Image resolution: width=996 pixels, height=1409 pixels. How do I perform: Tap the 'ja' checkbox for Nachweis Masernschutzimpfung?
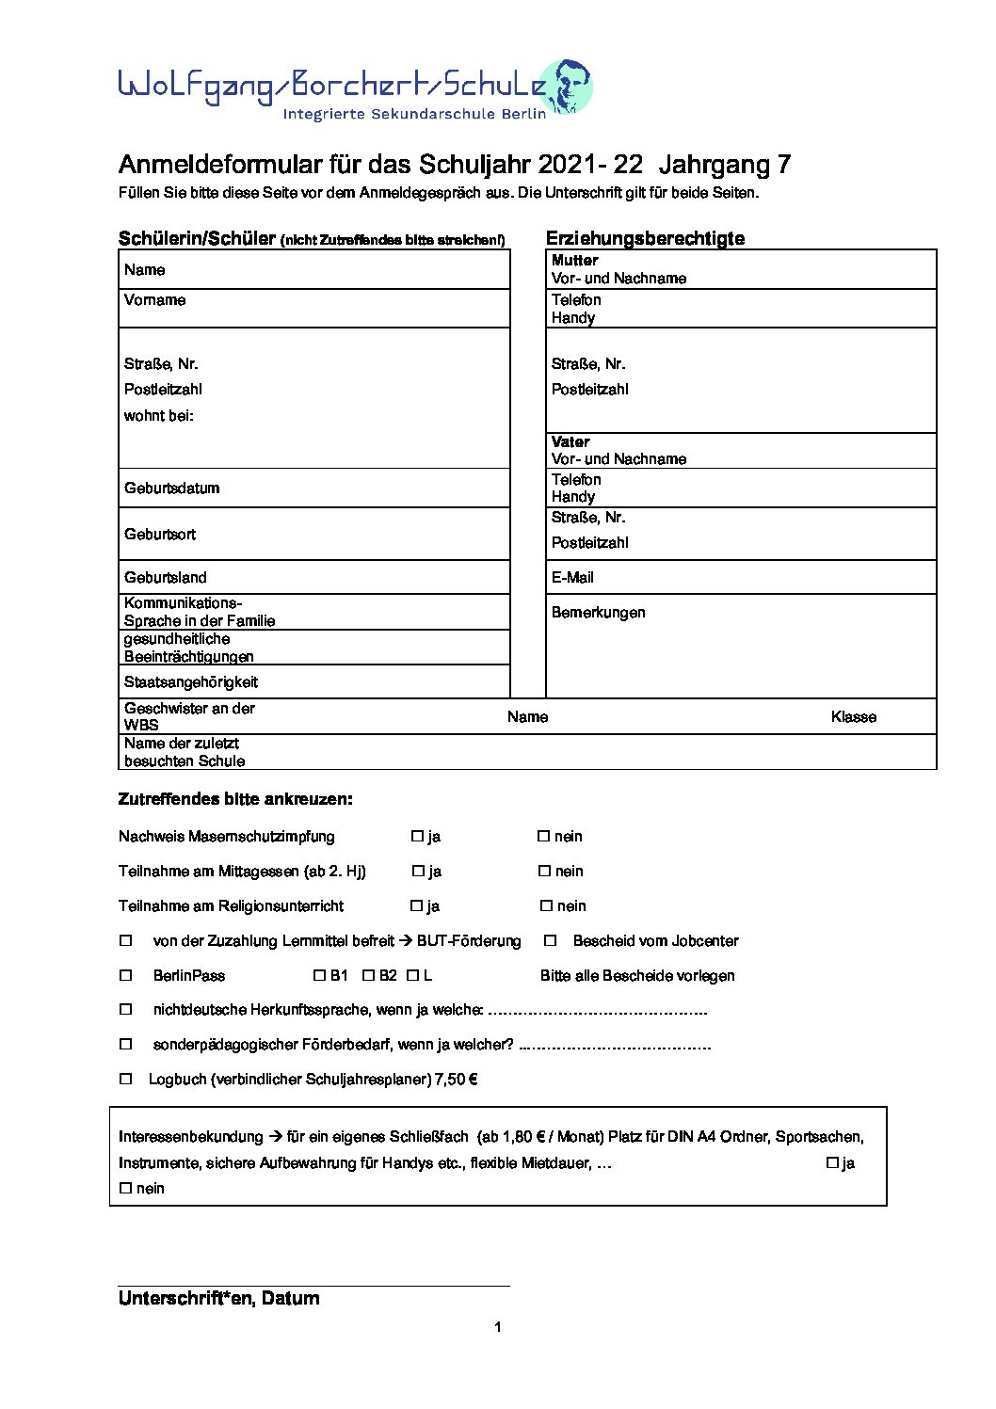point(417,836)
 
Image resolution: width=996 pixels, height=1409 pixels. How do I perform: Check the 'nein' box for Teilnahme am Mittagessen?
point(544,871)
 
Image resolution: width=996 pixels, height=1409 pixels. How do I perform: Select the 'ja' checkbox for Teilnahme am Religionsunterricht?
point(416,905)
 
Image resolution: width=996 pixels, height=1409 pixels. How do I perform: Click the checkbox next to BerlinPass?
point(125,975)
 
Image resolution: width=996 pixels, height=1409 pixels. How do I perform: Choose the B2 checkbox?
point(368,975)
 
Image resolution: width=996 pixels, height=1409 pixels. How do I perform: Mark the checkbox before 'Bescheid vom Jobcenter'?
point(551,940)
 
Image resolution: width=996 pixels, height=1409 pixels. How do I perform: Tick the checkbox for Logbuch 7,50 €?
point(125,1079)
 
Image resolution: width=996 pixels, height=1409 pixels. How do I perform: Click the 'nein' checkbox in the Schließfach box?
point(125,1188)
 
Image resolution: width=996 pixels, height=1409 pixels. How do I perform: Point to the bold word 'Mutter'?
point(574,260)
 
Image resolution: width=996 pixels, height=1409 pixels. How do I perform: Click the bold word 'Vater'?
point(570,441)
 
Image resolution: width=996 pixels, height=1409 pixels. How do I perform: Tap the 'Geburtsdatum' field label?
point(171,488)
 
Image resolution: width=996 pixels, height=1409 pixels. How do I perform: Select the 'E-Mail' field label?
point(572,577)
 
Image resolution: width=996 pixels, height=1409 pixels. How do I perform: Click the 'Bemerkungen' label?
point(598,612)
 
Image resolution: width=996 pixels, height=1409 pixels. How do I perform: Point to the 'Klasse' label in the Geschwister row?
point(853,716)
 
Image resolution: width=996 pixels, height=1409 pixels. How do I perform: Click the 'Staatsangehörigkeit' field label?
point(190,681)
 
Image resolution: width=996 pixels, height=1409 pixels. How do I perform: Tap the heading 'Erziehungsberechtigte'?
point(645,238)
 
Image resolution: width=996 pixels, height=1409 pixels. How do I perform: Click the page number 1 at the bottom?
point(497,1326)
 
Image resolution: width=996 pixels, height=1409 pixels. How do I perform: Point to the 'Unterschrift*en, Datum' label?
point(218,1298)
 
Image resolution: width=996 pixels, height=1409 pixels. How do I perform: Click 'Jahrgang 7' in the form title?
point(725,165)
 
